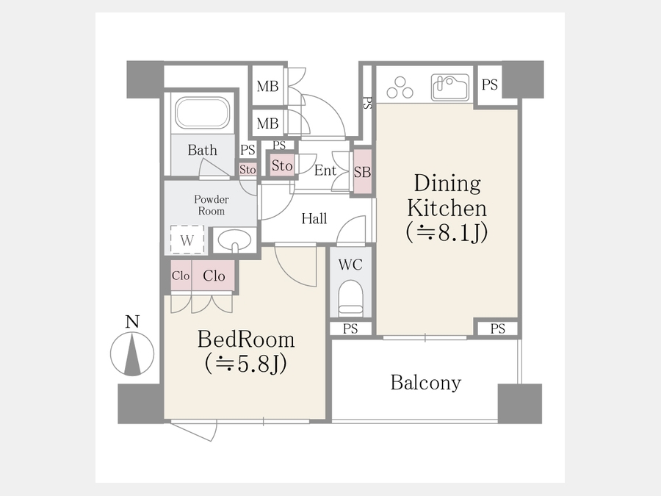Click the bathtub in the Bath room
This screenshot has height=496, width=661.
[x=203, y=112]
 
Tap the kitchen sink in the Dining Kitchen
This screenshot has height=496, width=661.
[x=450, y=87]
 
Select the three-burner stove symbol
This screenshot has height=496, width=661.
[x=400, y=87]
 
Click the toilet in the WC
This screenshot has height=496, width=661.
[x=351, y=298]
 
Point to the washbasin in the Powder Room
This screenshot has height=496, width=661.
[x=234, y=241]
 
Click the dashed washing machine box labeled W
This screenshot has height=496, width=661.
[x=187, y=240]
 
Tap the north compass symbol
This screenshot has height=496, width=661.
[x=132, y=353]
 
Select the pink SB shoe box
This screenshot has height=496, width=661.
[x=362, y=172]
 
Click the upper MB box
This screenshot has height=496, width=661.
[x=267, y=86]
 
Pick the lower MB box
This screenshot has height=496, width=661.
[x=267, y=123]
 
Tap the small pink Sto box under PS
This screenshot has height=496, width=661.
[x=248, y=169]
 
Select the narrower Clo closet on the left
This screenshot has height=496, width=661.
[x=181, y=276]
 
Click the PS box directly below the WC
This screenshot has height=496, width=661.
[x=350, y=328]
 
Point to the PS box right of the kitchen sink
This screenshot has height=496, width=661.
[x=489, y=85]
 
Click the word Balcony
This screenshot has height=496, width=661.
[x=426, y=383]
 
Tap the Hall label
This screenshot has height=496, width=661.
[x=314, y=218]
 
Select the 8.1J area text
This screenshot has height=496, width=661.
[x=447, y=232]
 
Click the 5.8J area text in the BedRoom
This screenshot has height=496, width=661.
[x=246, y=364]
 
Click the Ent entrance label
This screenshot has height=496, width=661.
[x=325, y=170]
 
